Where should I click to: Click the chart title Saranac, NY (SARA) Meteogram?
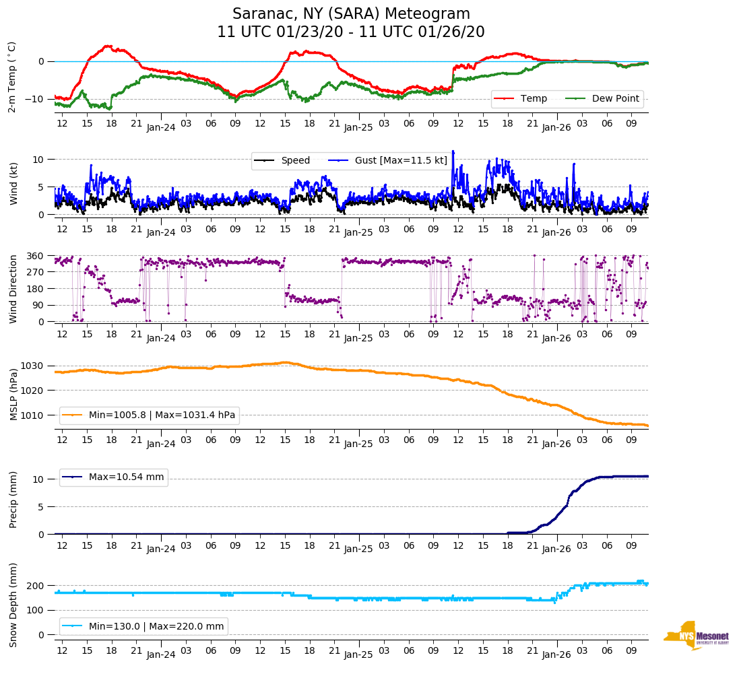(351, 14)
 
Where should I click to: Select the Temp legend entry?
(532, 99)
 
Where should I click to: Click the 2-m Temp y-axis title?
(12, 76)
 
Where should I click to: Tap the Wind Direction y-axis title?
(12, 289)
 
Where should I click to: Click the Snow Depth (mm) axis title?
(12, 605)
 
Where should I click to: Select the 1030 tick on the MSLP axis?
(35, 366)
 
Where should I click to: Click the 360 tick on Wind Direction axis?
(36, 256)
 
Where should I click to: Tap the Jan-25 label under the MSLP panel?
(358, 444)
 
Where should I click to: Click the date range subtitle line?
(351, 32)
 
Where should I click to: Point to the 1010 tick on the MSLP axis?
(35, 415)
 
